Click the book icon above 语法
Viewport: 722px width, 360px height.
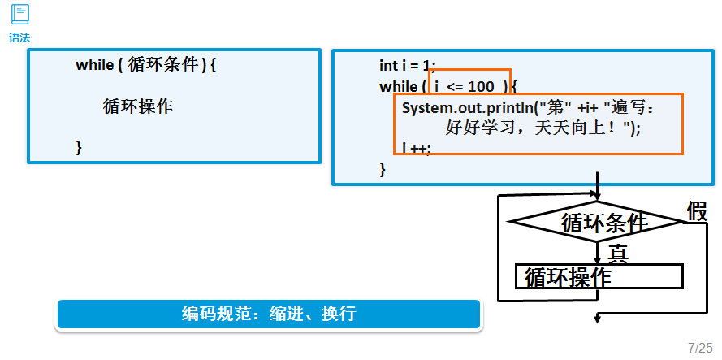point(19,14)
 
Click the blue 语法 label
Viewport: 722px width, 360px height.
point(19,37)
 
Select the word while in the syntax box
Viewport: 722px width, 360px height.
point(94,65)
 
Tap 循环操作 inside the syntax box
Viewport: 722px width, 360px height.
point(138,106)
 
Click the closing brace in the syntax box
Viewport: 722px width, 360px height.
point(79,146)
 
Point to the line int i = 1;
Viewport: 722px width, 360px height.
point(408,65)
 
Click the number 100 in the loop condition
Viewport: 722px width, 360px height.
point(481,86)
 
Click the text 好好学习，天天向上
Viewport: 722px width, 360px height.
point(536,128)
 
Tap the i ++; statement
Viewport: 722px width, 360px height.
point(417,148)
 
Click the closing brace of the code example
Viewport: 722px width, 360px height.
point(383,168)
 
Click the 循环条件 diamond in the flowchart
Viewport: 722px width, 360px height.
point(597,221)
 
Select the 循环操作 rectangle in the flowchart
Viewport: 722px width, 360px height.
point(599,276)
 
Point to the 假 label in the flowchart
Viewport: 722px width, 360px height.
point(697,211)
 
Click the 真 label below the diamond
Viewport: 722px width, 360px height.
point(618,253)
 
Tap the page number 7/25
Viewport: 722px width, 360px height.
point(699,347)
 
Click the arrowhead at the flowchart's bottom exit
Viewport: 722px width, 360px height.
point(598,319)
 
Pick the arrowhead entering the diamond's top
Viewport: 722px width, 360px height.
point(598,197)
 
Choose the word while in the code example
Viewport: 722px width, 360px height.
point(397,86)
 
